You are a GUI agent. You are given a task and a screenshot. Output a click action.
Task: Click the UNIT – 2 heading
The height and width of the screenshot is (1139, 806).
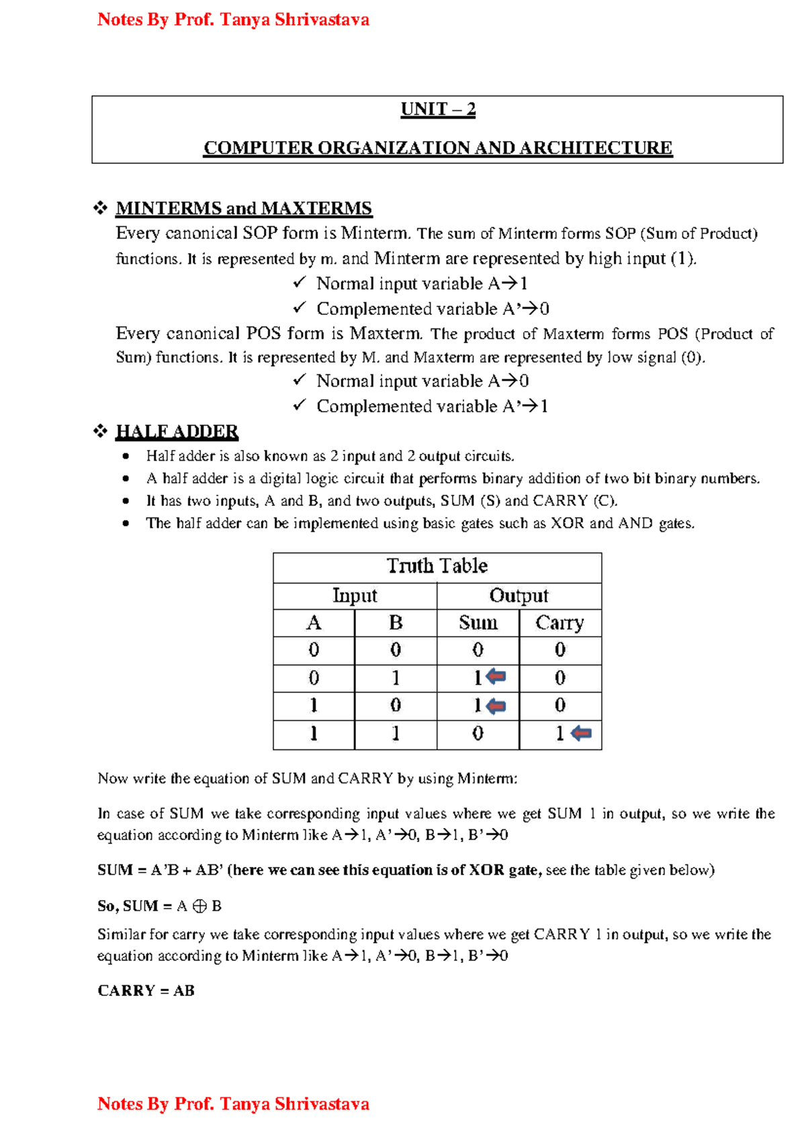coord(438,109)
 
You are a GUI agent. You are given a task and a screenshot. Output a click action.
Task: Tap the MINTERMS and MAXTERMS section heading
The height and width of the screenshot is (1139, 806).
coord(243,208)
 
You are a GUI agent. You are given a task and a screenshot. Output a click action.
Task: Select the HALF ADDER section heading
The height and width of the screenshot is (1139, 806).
coord(177,431)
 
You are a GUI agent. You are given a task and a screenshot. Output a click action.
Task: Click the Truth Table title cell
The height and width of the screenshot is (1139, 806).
coord(437,566)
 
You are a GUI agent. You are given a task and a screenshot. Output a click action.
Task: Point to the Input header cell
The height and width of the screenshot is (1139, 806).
coord(355,596)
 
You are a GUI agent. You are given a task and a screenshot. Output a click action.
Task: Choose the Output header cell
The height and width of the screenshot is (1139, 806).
coord(519,596)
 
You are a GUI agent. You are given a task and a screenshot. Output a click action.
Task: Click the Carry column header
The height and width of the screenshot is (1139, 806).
coord(559,623)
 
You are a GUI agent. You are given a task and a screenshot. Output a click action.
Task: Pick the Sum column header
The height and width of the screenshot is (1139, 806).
coord(478,623)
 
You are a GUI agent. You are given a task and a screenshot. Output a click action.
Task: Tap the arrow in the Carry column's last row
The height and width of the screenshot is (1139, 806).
coord(582,733)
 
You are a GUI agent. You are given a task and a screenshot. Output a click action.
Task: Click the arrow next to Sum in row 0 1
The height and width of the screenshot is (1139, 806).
coord(496,676)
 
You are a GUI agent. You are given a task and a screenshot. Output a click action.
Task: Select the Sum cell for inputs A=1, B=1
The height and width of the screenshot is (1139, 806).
coord(478,733)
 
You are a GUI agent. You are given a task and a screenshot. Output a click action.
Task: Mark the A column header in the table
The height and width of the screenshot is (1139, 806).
coord(314,623)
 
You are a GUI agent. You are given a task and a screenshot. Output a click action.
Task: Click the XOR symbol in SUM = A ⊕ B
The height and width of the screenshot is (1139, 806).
coord(199,906)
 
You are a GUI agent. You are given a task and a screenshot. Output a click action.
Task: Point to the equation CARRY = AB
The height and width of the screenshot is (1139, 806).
coord(146,991)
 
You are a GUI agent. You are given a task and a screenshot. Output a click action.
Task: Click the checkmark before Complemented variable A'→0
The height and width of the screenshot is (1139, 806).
coord(300,308)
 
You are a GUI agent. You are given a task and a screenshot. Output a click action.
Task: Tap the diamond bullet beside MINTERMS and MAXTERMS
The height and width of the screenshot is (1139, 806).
coord(101,208)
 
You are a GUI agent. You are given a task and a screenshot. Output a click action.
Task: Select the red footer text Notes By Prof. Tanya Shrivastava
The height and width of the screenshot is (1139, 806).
coord(233,1103)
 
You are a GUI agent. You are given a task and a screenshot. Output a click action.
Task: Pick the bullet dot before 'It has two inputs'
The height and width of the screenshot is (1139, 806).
coord(126,501)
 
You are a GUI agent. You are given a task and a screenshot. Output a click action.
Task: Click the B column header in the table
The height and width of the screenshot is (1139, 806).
coord(396,623)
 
